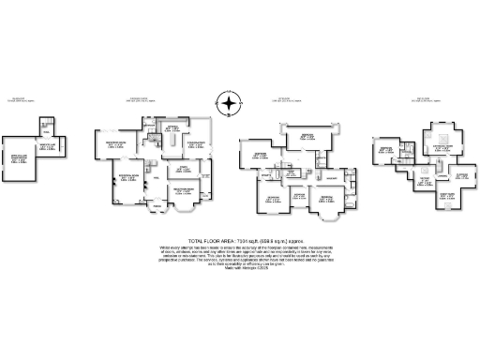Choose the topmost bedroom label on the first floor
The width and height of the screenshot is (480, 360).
307,137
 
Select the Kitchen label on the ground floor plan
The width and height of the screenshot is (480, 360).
172,128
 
